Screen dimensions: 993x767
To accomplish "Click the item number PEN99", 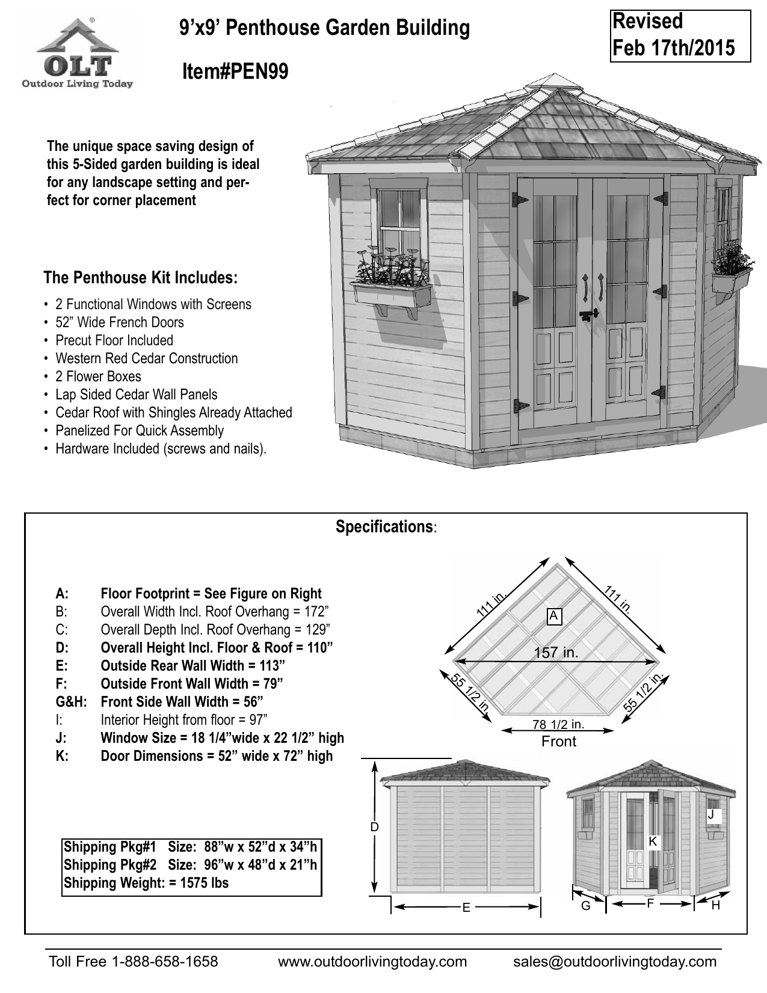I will pyautogui.click(x=235, y=73).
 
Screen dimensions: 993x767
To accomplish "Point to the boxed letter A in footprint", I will pyautogui.click(x=555, y=616).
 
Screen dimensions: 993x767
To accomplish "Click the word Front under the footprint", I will pyautogui.click(x=558, y=742).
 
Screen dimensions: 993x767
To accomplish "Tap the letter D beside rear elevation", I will pyautogui.click(x=374, y=827).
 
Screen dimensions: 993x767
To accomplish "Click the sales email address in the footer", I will pyautogui.click(x=615, y=961).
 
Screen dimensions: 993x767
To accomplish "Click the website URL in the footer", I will pyautogui.click(x=372, y=961).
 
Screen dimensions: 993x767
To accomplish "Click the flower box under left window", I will pyautogui.click(x=392, y=294).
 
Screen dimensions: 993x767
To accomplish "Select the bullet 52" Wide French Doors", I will pyautogui.click(x=119, y=322).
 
